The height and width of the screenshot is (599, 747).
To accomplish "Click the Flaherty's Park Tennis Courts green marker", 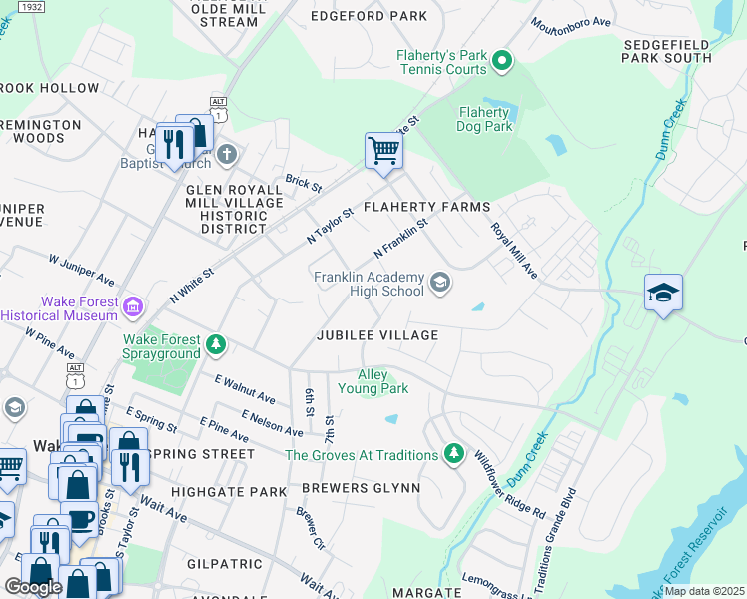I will click(x=503, y=64).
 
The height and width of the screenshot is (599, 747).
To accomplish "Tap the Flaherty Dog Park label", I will click(x=484, y=119).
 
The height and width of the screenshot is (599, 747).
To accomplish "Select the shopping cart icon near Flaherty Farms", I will click(x=383, y=151).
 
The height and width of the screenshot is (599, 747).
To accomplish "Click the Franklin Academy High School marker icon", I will click(x=439, y=284).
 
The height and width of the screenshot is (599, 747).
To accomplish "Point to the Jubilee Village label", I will click(x=377, y=335).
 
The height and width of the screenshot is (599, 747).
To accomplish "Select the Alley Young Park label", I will click(x=373, y=381).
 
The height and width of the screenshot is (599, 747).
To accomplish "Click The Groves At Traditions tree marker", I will click(x=454, y=454).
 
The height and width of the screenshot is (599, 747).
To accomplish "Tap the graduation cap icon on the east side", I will click(x=663, y=293).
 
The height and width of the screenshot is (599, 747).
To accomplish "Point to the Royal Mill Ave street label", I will click(x=514, y=250).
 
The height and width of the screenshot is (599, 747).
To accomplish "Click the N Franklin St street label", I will click(x=400, y=237).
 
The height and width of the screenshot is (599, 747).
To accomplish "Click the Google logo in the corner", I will click(x=33, y=586).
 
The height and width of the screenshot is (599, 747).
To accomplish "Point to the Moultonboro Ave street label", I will click(x=571, y=21).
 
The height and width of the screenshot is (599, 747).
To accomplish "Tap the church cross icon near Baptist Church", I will click(x=228, y=154).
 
